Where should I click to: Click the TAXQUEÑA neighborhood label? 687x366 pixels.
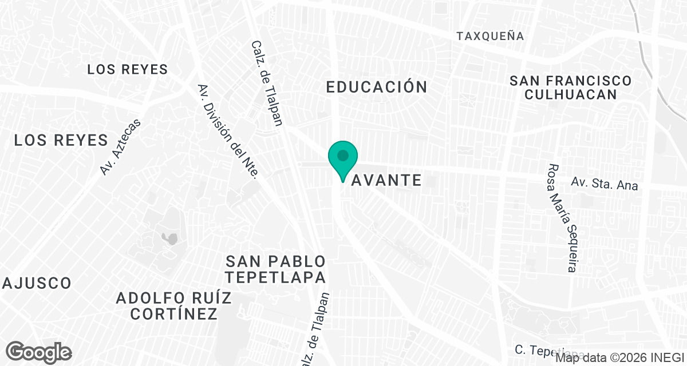(490, 36)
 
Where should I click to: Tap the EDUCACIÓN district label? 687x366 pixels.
(377, 87)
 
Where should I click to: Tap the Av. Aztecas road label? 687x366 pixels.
(120, 147)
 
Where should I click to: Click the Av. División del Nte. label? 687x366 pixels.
(229, 131)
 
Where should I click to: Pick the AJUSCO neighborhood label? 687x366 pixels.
(37, 283)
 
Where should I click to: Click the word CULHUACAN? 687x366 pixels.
(571, 94)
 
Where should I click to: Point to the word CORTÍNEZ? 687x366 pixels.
(174, 314)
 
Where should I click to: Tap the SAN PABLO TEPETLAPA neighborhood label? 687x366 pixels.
(276, 269)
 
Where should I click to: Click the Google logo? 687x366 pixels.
(38, 352)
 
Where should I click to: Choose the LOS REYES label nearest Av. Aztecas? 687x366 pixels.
(61, 140)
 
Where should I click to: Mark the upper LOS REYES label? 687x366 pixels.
(127, 70)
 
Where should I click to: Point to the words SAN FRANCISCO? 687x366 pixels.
(571, 81)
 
